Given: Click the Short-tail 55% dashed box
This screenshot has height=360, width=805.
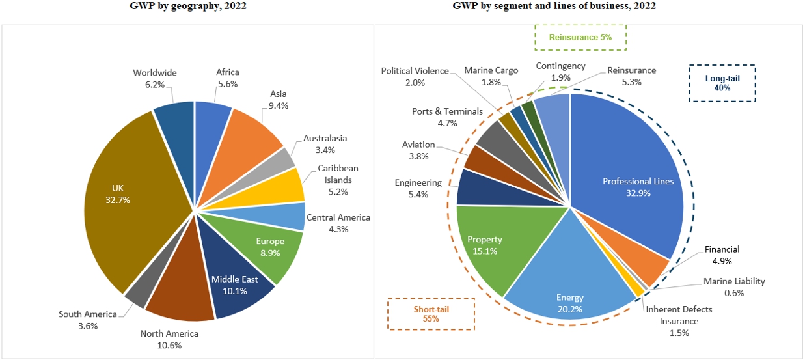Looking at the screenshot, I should click(x=431, y=314).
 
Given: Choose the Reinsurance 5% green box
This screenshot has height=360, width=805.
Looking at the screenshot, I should click(x=580, y=37).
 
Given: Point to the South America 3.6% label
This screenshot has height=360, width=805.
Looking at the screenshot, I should click(x=87, y=320).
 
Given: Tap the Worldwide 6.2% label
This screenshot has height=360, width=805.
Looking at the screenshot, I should click(x=155, y=79).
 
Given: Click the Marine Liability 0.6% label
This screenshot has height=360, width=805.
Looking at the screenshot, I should click(x=734, y=287).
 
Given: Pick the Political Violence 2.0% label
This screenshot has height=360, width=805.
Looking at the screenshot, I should click(x=415, y=76).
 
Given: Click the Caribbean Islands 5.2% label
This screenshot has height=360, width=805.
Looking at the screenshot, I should click(x=338, y=180).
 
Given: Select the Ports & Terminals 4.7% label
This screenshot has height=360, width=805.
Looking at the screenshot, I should click(x=443, y=117).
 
